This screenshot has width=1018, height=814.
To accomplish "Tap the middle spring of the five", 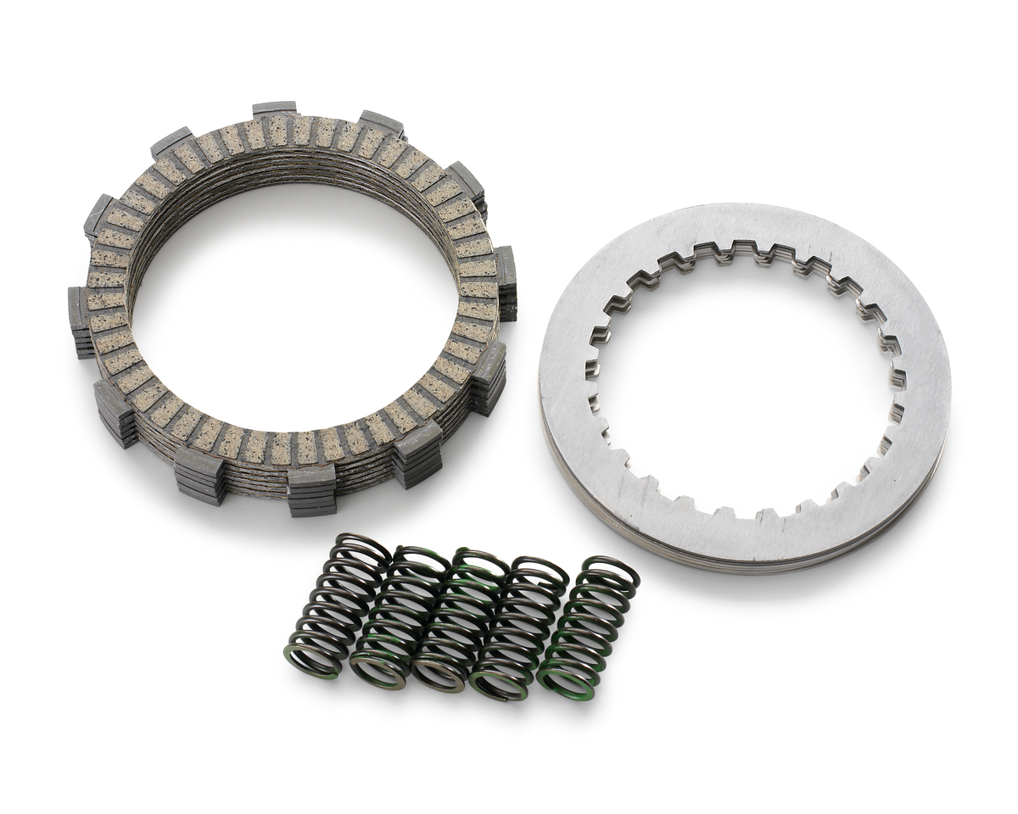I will pyautogui.click(x=458, y=620).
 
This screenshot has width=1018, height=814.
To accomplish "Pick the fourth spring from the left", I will pyautogui.click(x=518, y=628).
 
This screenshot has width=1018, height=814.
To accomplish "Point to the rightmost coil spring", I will pyautogui.click(x=589, y=627).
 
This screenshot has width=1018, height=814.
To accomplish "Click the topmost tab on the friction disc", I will pyautogui.click(x=275, y=109).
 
